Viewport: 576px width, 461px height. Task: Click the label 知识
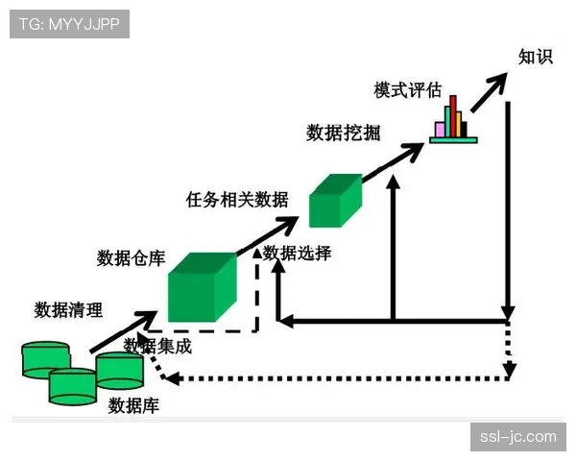click(536, 57)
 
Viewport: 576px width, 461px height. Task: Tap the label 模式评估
click(408, 90)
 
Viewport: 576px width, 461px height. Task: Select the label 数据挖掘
click(340, 133)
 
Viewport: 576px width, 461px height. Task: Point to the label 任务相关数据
click(237, 200)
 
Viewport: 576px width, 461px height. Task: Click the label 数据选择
click(298, 254)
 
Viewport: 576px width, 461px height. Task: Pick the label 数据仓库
click(132, 258)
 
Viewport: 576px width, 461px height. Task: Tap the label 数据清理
click(68, 309)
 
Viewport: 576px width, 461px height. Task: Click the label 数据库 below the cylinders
click(134, 406)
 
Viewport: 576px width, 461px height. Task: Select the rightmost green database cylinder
click(120, 371)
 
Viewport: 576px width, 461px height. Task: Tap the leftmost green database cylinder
click(45, 358)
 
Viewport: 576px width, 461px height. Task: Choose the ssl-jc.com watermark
click(518, 437)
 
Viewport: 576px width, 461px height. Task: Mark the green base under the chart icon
click(453, 140)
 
